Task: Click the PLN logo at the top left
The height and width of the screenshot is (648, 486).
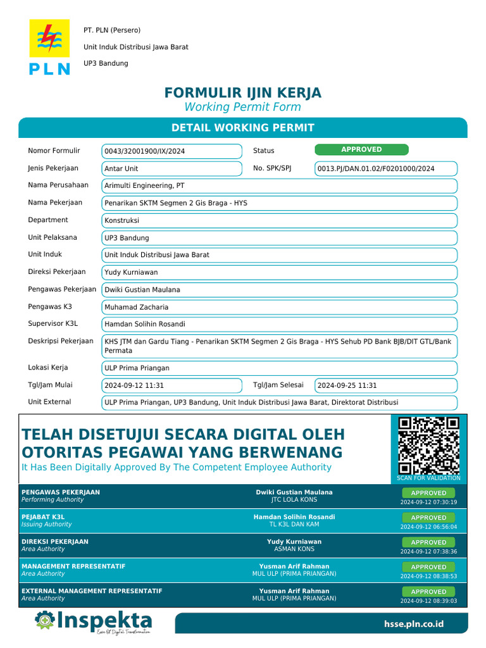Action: click(x=49, y=47)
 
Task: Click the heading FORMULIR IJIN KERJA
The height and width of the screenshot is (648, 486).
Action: click(x=243, y=93)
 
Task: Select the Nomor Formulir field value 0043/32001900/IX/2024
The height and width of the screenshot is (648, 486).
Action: click(x=171, y=151)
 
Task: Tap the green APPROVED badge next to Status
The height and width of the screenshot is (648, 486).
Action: click(x=361, y=150)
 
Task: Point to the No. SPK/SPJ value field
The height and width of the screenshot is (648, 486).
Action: click(x=385, y=169)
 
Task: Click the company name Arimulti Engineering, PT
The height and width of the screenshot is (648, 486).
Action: click(x=279, y=186)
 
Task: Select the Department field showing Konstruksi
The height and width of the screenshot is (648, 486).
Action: click(x=279, y=221)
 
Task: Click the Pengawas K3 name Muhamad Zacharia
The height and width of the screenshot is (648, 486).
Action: click(x=279, y=308)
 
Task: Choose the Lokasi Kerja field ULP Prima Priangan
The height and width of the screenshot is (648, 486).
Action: click(x=279, y=368)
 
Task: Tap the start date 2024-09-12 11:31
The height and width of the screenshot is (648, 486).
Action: click(x=171, y=385)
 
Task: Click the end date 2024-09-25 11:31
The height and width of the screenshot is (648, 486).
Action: click(x=385, y=385)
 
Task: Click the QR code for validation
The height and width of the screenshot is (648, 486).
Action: click(x=428, y=445)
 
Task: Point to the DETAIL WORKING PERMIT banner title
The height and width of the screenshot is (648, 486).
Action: click(x=243, y=128)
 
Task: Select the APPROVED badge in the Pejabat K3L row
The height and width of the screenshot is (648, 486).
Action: click(x=428, y=518)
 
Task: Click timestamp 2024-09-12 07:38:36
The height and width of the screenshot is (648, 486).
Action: click(x=428, y=551)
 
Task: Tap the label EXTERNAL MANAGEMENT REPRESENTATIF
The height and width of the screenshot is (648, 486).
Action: click(x=92, y=591)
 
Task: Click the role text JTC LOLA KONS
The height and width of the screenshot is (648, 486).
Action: click(x=294, y=500)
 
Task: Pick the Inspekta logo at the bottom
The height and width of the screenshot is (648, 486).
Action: click(x=94, y=621)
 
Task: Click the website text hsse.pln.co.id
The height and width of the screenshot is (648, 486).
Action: click(x=414, y=624)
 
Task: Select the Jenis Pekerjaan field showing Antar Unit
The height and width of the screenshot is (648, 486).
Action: click(x=171, y=169)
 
